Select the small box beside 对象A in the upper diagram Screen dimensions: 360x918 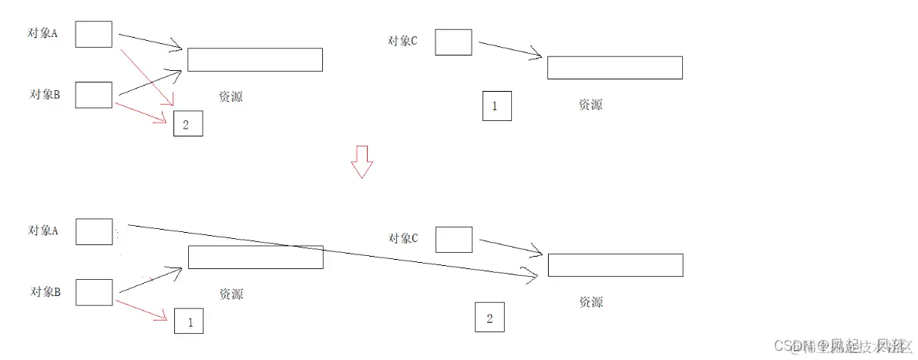click(94, 35)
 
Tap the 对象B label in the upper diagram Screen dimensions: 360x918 click(45, 95)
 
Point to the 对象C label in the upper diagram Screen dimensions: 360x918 click(403, 41)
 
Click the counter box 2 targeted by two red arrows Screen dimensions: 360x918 click(188, 124)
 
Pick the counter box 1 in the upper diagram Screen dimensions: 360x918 click(496, 106)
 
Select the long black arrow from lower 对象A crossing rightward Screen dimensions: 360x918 click(331, 250)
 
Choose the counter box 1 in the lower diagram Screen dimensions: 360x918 click(189, 321)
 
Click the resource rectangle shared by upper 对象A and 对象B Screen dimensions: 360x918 click(254, 60)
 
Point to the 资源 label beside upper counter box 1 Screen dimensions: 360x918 click(590, 105)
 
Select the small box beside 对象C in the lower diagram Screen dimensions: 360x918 click(454, 240)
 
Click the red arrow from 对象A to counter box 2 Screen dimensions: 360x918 click(148, 76)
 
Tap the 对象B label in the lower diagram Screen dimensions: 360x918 click(45, 291)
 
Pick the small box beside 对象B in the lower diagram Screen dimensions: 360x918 click(94, 293)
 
